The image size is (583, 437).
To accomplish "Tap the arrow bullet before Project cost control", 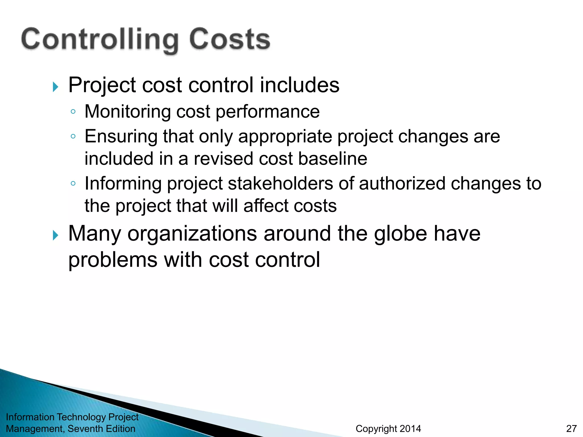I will (x=56, y=87).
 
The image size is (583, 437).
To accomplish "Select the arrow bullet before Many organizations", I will (x=56, y=236).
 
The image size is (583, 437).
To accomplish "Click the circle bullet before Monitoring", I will (x=73, y=112).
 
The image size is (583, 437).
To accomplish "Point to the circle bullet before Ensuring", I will (x=73, y=137).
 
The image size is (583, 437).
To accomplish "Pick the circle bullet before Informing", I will (x=73, y=184).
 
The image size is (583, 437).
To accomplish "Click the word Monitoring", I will (x=127, y=112).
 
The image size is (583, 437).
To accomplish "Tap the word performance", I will (x=268, y=112).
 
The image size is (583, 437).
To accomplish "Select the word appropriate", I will (x=285, y=137).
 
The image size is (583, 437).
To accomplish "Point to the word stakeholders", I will (x=280, y=183).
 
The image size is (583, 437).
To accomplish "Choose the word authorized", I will (x=402, y=183).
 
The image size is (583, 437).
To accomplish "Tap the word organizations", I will (x=192, y=234).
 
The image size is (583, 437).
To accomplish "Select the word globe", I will (x=401, y=234).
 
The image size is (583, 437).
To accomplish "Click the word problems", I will (x=113, y=260).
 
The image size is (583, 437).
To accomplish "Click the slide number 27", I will (x=571, y=428).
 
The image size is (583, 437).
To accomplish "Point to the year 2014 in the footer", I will (x=410, y=428).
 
